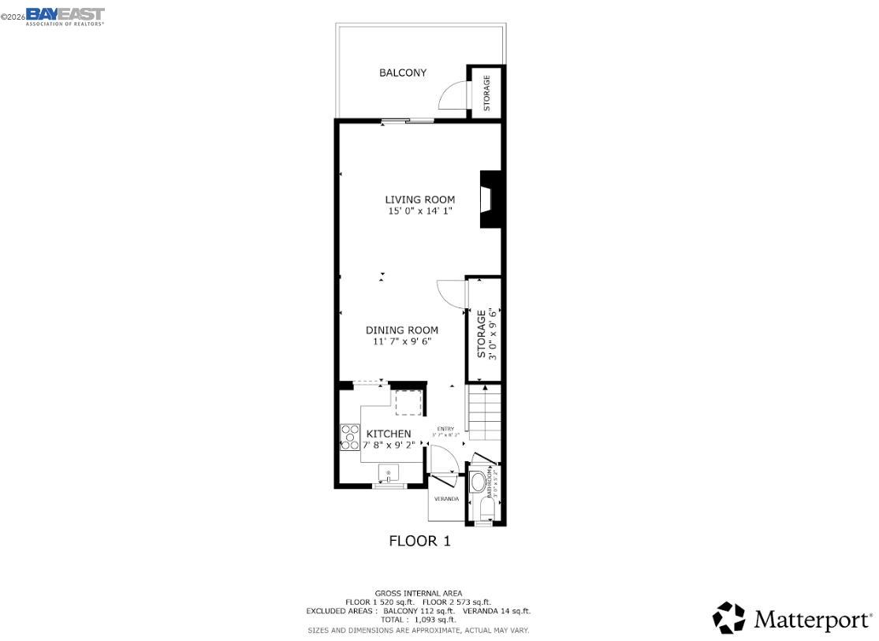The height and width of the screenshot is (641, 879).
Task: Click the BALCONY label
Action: point(403,73)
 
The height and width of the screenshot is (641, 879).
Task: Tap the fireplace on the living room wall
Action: point(491,199)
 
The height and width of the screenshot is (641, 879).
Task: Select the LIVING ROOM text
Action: point(419,199)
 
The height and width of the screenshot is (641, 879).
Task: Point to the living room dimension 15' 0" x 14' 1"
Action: point(419,211)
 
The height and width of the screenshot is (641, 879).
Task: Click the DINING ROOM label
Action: point(401,330)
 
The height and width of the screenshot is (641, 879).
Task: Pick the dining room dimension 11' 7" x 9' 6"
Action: point(401,342)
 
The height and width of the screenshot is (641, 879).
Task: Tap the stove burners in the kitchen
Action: point(350,438)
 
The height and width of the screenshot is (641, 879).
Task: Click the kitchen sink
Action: point(389,474)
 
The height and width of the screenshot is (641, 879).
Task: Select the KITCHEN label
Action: point(388,434)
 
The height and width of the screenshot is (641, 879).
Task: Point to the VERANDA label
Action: point(446,498)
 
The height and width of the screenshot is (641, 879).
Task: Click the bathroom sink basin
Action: point(477,483)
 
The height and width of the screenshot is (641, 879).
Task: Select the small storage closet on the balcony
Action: point(486,92)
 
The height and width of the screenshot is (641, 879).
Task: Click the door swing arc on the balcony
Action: point(452,95)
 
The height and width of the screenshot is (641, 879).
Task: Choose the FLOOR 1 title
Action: point(419,541)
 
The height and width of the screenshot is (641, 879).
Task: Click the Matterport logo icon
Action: point(728,618)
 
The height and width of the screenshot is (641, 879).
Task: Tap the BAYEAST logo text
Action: point(65,14)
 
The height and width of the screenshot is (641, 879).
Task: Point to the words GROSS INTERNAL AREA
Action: point(419,593)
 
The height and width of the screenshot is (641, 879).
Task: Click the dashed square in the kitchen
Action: point(408,404)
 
